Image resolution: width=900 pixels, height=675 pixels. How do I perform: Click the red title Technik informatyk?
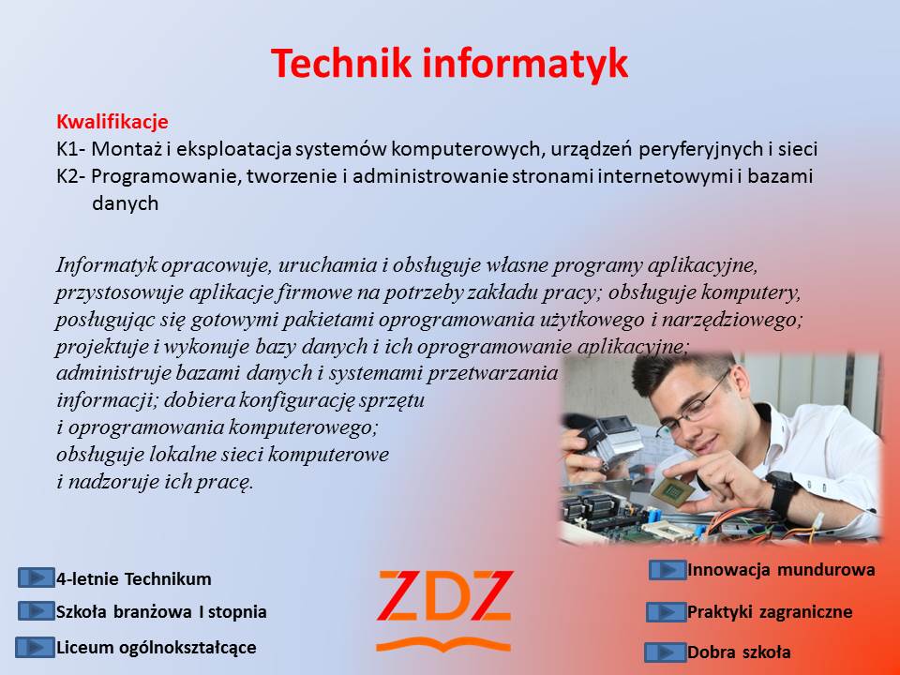[x=449, y=63]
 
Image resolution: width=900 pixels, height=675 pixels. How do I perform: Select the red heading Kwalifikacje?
[x=112, y=122]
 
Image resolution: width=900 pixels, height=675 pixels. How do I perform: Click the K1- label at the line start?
[x=71, y=149]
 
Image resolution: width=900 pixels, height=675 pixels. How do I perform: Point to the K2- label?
[x=71, y=176]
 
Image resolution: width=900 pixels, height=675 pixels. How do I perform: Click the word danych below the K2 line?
[x=125, y=203]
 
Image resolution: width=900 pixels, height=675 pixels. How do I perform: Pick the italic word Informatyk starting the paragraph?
[x=107, y=265]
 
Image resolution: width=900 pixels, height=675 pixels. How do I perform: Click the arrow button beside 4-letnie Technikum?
[x=37, y=577]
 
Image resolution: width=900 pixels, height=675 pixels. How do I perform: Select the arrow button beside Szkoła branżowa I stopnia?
[x=37, y=611]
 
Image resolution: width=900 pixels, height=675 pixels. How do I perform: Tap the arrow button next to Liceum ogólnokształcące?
[x=35, y=647]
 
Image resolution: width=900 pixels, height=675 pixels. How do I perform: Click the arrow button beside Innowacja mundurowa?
[x=667, y=570]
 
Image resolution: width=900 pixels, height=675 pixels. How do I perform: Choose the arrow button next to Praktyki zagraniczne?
[x=667, y=612]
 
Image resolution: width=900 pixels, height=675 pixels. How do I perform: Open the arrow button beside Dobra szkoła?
[x=666, y=652]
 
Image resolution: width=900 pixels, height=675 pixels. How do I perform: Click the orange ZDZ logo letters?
[x=444, y=596]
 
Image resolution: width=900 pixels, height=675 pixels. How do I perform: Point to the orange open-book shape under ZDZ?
[x=443, y=645]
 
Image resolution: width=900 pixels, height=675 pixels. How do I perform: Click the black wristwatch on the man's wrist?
[x=782, y=491]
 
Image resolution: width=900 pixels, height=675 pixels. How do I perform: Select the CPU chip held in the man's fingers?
[x=670, y=491]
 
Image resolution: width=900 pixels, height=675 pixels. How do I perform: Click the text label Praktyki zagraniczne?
[x=770, y=612]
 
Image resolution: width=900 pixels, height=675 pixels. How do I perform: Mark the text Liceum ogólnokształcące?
[x=157, y=648]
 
